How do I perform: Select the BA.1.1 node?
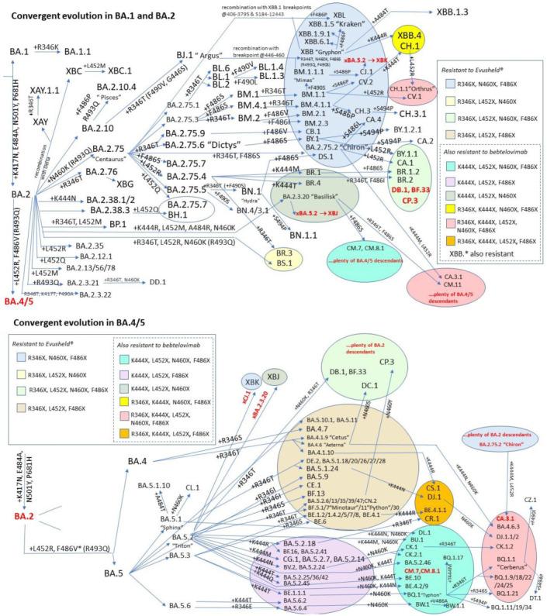coord(78,50)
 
